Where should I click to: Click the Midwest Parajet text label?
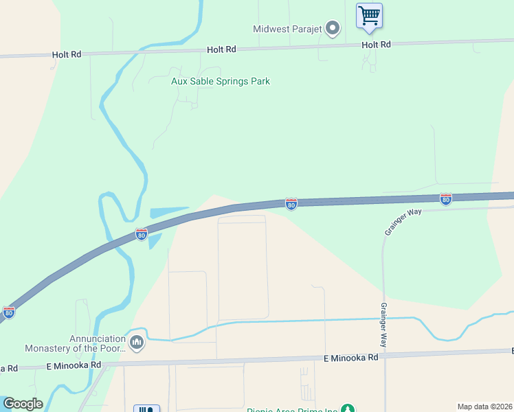click(287, 28)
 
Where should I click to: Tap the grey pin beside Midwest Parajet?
click(333, 28)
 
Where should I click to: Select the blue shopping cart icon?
click(369, 15)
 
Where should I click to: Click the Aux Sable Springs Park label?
click(220, 81)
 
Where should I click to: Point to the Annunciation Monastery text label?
click(74, 343)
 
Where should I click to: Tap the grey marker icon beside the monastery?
click(136, 341)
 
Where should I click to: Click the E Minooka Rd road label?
click(350, 358)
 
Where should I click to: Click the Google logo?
click(23, 404)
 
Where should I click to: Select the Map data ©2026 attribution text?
click(484, 407)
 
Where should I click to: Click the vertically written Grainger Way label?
click(384, 328)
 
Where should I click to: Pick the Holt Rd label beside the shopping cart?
click(376, 45)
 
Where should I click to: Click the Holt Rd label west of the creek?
click(66, 54)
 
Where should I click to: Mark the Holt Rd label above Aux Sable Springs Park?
click(221, 49)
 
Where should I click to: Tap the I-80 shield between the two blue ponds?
click(142, 234)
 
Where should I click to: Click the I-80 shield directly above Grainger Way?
click(445, 198)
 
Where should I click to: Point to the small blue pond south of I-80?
click(154, 241)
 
